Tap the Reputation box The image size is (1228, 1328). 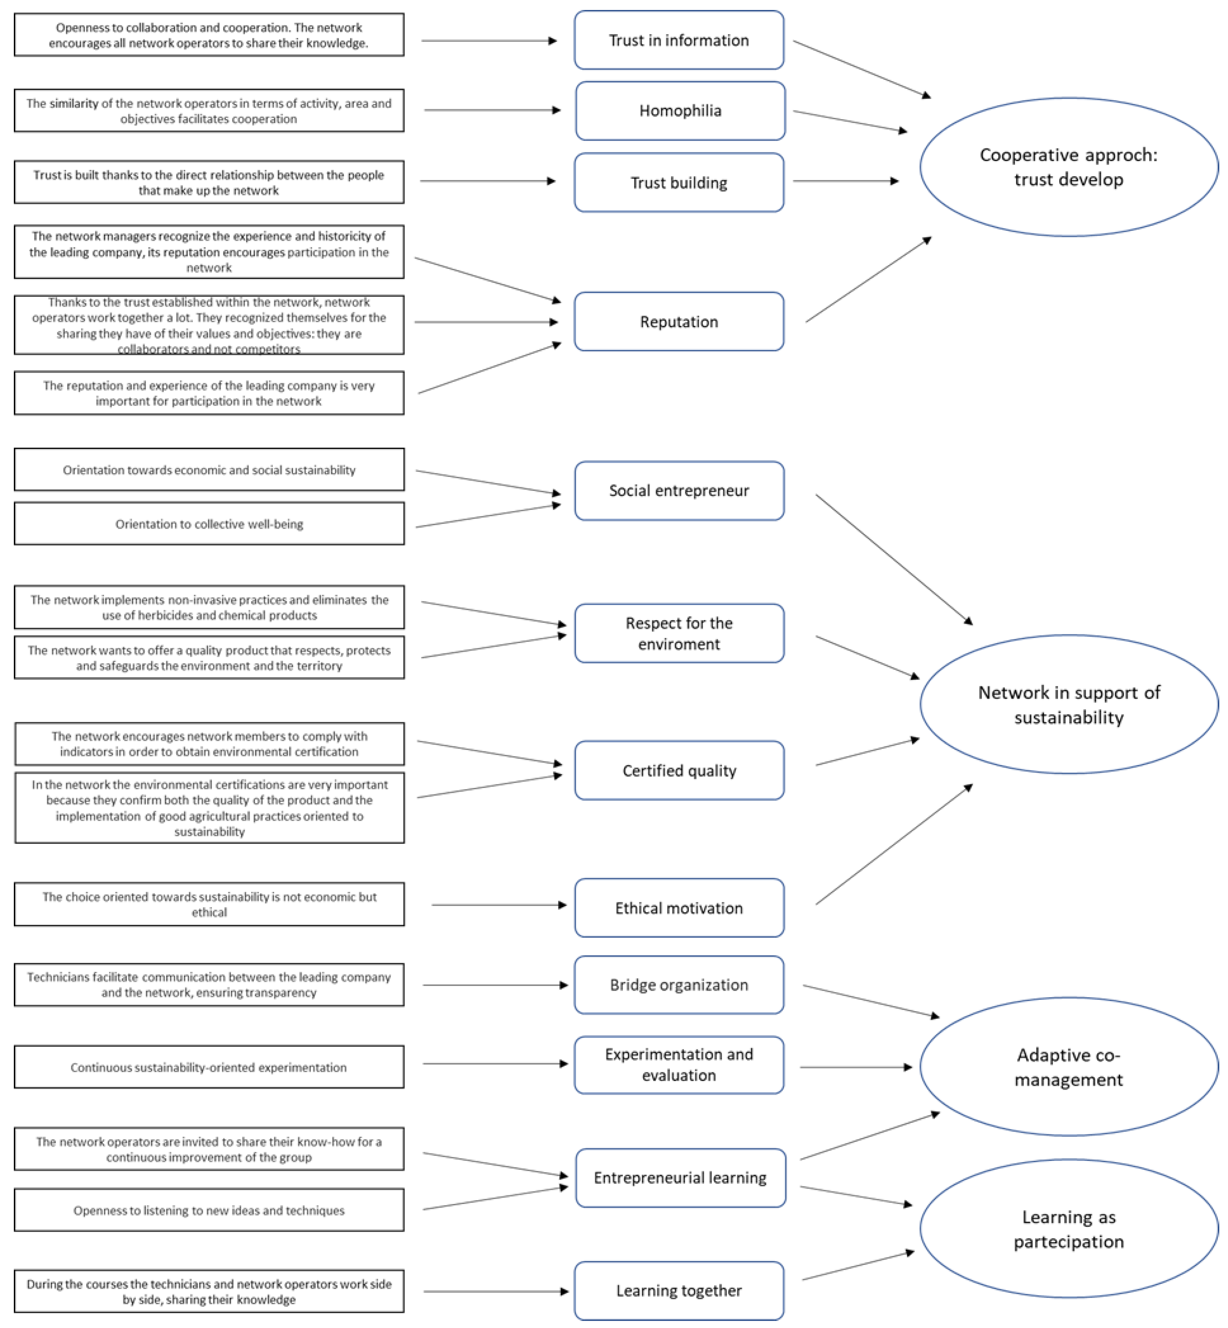click(x=679, y=322)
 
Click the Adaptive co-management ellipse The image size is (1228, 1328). click(x=1069, y=1067)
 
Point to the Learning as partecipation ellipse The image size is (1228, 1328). click(x=1069, y=1229)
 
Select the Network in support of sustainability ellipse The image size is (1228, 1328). click(x=1069, y=704)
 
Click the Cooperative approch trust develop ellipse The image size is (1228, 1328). click(x=1069, y=167)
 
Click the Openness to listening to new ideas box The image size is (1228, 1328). click(x=209, y=1210)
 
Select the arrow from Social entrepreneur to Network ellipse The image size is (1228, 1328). click(x=894, y=559)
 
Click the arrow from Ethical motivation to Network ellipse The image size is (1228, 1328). click(x=894, y=844)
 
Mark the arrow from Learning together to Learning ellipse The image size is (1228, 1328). click(x=858, y=1266)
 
